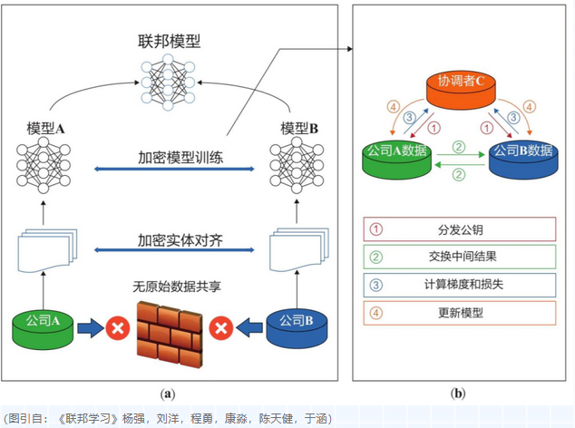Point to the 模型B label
299,129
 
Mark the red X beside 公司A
117,326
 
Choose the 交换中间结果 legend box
460,257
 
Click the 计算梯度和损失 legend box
460,284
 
